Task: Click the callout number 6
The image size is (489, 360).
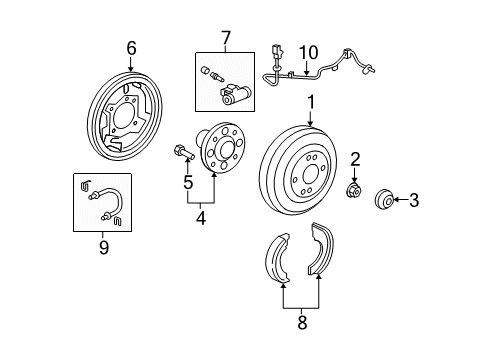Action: coord(131,49)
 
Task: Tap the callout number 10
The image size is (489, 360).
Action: coord(309,53)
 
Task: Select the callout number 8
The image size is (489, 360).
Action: coord(302,323)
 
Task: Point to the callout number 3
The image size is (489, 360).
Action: coord(414,200)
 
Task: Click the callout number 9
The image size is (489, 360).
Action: coord(104,247)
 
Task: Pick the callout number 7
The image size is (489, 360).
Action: coord(226,38)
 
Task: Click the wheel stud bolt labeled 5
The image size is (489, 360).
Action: coord(184,152)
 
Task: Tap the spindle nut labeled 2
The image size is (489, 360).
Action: coord(354,191)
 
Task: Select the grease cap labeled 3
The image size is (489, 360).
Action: coord(384,199)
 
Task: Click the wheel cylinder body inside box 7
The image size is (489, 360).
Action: coord(235,95)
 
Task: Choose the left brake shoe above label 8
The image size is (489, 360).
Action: coord(278,258)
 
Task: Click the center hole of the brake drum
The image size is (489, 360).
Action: coord(310,174)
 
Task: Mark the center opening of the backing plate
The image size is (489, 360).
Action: coord(124,114)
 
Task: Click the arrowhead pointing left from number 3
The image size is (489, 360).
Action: coord(396,200)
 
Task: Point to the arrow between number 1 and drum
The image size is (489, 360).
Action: coord(311,118)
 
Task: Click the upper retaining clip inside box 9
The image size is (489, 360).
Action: coord(86,185)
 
